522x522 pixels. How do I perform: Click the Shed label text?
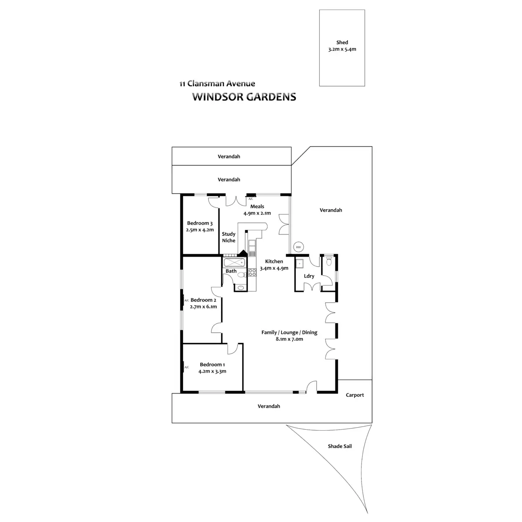point(342,43)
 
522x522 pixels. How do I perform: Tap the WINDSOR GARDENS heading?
point(244,97)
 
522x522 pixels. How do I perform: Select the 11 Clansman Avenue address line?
point(217,84)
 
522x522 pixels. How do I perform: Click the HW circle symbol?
point(298,247)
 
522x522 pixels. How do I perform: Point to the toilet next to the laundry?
point(329,261)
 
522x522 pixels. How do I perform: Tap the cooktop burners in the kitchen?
point(252,273)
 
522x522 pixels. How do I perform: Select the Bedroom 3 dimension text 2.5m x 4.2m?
point(200,230)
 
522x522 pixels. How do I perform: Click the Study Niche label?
point(228,237)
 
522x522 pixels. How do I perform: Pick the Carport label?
point(355,395)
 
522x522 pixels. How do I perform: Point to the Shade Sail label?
point(340,446)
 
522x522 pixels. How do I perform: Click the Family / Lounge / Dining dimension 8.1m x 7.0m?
point(289,339)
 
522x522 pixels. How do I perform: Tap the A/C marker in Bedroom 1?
point(187,367)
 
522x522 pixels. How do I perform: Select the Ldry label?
point(309,276)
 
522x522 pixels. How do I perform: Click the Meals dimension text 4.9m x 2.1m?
point(257,213)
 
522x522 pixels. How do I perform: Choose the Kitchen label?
point(274,261)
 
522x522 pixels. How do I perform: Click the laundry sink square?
point(300,264)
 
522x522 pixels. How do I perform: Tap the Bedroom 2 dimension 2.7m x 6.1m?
point(203,306)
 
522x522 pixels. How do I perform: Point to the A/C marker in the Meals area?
point(251,199)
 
